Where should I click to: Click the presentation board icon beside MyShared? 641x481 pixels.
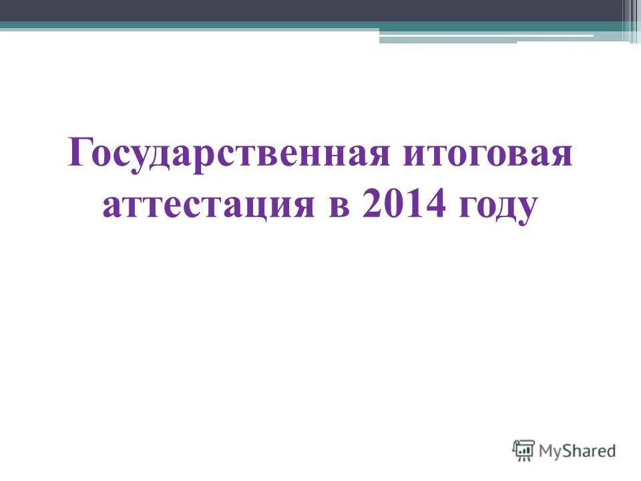(x=523, y=450)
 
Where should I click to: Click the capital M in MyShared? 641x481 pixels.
(x=548, y=451)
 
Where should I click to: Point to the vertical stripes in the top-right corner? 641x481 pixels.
(x=630, y=20)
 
